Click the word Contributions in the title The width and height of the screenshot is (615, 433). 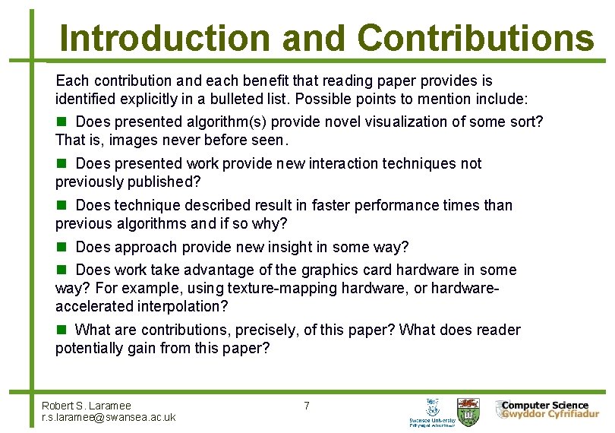(x=475, y=37)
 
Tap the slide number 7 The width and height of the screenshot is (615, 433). (x=306, y=406)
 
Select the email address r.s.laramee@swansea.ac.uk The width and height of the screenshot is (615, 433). (x=109, y=417)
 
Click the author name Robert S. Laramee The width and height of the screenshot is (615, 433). (x=87, y=406)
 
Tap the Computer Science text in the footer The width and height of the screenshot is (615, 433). (x=544, y=405)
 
